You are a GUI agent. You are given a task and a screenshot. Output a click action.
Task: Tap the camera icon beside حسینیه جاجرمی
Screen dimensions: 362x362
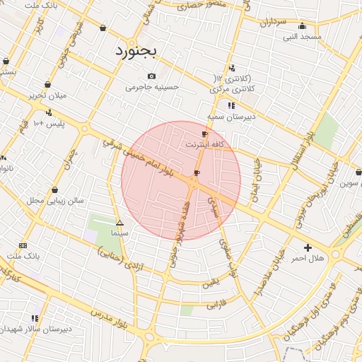151,76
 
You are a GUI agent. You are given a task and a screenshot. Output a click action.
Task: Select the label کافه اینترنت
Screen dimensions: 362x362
204,144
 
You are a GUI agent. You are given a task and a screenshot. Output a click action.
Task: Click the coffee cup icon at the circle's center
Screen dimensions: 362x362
197,173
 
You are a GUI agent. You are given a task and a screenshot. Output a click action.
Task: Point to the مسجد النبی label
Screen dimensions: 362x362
302,36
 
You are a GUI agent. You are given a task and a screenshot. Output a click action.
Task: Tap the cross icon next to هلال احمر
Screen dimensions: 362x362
308,247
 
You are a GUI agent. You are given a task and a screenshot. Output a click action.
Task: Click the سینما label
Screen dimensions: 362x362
119,233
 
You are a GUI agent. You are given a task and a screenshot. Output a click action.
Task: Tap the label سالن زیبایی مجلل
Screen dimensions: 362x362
55,201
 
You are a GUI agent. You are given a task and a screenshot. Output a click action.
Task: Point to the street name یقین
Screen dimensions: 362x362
211,284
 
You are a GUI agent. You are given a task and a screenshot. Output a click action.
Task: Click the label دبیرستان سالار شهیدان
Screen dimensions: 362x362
35,329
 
